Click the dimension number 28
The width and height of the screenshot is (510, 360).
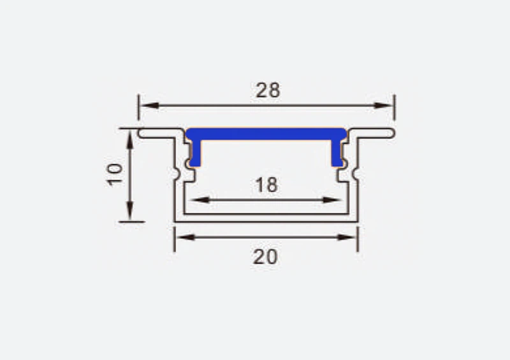click(x=268, y=90)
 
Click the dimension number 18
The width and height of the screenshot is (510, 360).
click(x=266, y=185)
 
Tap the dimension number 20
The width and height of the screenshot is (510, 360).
click(x=265, y=257)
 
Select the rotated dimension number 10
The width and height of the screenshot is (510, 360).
click(x=115, y=174)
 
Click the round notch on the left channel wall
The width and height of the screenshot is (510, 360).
click(x=177, y=173)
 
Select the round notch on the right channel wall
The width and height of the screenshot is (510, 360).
click(x=356, y=173)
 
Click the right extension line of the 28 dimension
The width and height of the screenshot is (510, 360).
click(x=395, y=106)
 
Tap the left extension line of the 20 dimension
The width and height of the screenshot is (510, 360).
click(x=175, y=238)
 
